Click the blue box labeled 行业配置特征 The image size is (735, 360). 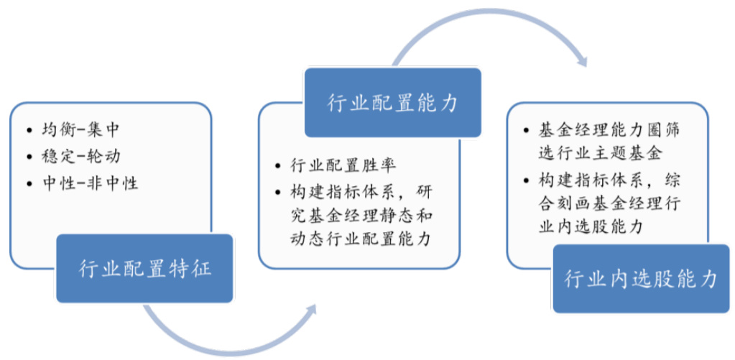144,269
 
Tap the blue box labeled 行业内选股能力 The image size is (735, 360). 641,279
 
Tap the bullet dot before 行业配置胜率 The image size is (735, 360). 278,166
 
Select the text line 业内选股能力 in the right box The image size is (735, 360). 588,226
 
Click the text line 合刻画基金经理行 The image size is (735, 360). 609,202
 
